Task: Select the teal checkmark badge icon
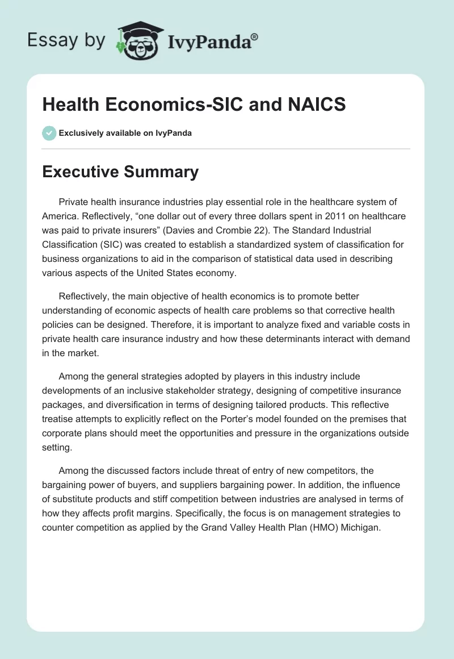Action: coord(49,133)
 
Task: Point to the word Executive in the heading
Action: coord(81,172)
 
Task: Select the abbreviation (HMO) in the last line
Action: coord(323,527)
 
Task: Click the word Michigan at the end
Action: coord(360,527)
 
